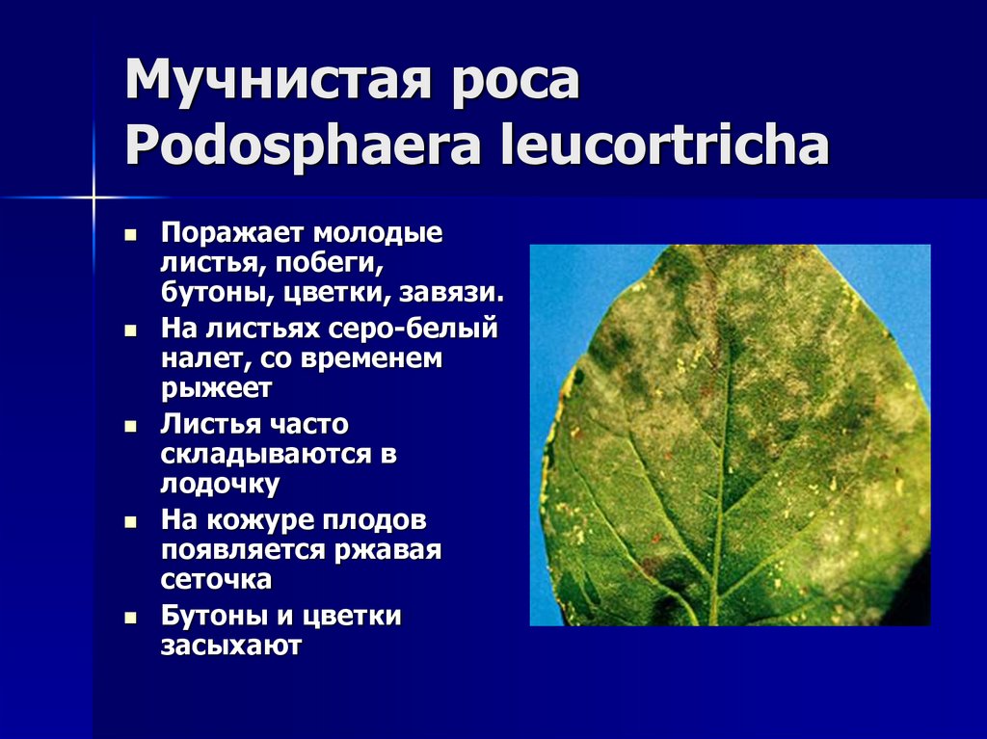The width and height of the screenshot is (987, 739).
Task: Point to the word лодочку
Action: pyautogui.click(x=221, y=482)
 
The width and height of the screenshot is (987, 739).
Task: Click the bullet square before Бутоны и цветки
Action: pyautogui.click(x=131, y=618)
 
